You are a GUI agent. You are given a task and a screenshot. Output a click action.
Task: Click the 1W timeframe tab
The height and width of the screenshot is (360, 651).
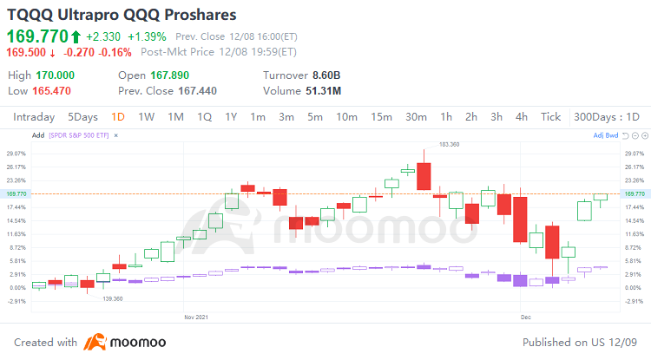[146, 117]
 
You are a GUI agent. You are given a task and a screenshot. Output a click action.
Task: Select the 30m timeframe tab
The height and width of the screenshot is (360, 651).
[416, 117]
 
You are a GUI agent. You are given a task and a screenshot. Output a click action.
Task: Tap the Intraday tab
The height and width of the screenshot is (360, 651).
[34, 117]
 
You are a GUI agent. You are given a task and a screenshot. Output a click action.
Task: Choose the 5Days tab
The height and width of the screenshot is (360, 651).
[82, 117]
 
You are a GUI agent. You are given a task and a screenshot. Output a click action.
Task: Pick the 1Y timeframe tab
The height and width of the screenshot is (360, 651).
[231, 117]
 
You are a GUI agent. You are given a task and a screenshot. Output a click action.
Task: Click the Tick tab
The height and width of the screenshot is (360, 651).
[550, 117]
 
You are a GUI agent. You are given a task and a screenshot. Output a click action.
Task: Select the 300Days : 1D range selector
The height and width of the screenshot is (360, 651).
[607, 117]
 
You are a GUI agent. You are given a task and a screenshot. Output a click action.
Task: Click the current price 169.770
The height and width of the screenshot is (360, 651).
[36, 36]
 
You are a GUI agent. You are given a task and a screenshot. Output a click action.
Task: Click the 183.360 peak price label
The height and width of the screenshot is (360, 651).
[449, 144]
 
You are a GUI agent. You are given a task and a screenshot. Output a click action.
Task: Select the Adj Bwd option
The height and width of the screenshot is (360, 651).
[605, 135]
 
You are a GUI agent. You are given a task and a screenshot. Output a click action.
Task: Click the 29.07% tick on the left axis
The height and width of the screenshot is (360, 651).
[16, 154]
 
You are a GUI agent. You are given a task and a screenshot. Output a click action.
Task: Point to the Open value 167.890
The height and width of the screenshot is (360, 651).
[169, 75]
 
